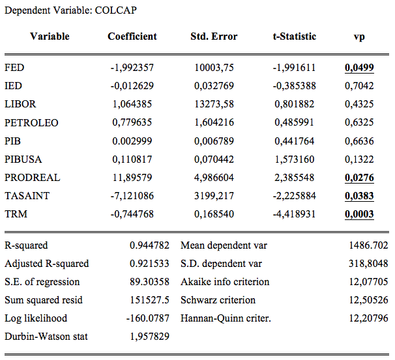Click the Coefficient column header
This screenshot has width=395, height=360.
click(x=132, y=36)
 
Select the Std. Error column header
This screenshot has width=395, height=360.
click(x=214, y=36)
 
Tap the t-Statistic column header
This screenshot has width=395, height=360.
click(x=295, y=36)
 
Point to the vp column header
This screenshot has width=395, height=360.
click(x=359, y=37)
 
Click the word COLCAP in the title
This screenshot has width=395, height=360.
click(x=116, y=10)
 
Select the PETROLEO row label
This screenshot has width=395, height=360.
click(x=31, y=123)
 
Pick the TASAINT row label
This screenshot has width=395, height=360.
click(x=27, y=196)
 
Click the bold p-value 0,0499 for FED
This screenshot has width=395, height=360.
click(x=359, y=68)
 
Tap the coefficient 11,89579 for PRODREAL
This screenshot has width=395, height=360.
click(x=132, y=178)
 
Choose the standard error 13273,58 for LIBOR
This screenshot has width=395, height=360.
click(x=214, y=104)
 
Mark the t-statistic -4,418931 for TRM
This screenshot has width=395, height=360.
click(x=294, y=214)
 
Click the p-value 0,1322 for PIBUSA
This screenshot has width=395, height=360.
click(x=359, y=159)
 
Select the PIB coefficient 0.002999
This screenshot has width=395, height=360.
click(x=132, y=141)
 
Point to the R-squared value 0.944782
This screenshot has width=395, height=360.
click(x=150, y=245)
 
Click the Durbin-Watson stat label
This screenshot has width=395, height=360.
click(x=46, y=337)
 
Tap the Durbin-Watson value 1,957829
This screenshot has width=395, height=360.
click(x=150, y=337)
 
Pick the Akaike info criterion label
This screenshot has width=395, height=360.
click(x=225, y=282)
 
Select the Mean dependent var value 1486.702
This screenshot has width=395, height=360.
click(x=368, y=245)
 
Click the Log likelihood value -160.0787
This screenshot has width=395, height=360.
click(x=148, y=318)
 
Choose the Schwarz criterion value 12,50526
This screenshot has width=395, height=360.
click(x=368, y=300)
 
